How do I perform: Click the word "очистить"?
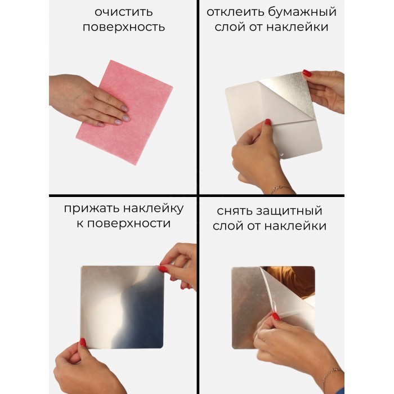click(x=124, y=12)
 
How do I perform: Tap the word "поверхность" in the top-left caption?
click(x=124, y=28)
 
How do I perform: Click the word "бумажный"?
click(x=302, y=12)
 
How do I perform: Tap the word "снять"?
click(x=235, y=211)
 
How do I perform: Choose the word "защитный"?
click(x=289, y=211)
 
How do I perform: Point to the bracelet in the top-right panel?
click(x=279, y=189)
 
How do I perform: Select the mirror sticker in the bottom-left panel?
click(x=122, y=307)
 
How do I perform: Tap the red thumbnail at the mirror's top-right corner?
click(x=163, y=269)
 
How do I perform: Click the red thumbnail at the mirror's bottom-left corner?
click(x=83, y=342)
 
